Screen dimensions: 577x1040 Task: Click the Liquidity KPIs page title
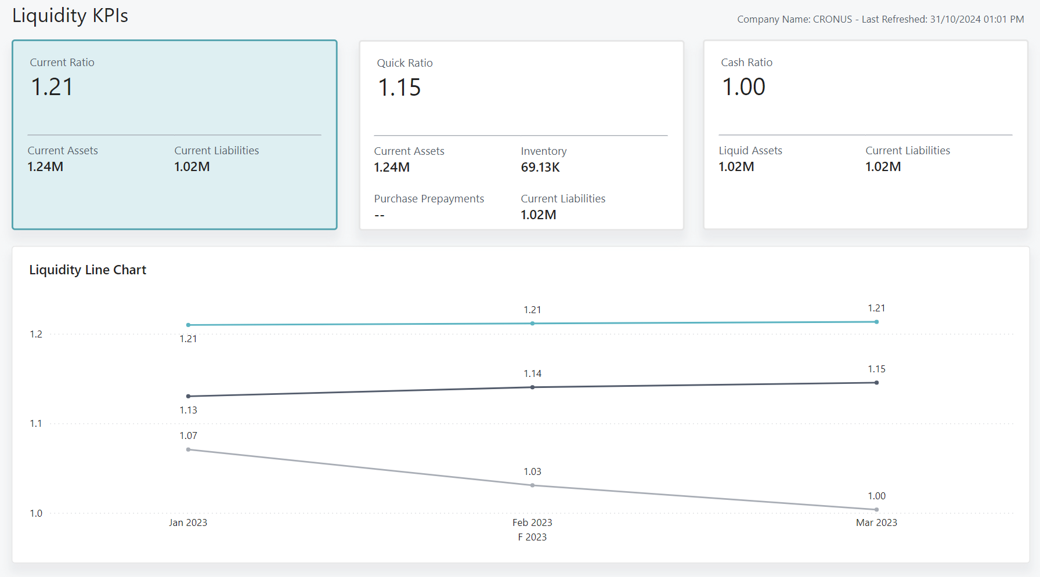[x=70, y=16]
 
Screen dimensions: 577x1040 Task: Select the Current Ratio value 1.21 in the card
[x=52, y=87]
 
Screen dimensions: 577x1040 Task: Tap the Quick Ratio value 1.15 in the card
[x=399, y=88]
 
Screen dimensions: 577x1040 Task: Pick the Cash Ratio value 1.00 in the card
[x=743, y=87]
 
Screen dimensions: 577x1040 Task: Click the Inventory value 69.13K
[x=540, y=168]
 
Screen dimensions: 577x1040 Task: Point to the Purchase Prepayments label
[x=429, y=199]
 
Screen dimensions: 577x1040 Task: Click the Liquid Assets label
[x=750, y=151]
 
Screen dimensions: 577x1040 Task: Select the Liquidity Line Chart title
[x=88, y=270]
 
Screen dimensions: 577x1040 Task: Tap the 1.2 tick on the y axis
[x=36, y=334]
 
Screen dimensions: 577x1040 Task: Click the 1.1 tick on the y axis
[x=36, y=424]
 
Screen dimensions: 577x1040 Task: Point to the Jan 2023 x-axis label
[x=188, y=522]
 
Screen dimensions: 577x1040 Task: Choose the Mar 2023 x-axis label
[x=876, y=522]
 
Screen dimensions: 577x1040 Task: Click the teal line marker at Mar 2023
[x=876, y=322]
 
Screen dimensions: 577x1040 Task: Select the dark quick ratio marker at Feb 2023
[x=532, y=387]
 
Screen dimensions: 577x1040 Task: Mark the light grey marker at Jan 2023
[x=188, y=449]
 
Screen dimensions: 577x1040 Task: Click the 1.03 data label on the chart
[x=532, y=472]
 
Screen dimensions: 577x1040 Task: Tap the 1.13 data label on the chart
[x=188, y=411]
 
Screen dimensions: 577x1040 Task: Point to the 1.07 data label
[x=188, y=436]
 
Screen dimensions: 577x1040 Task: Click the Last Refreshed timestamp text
[x=943, y=19]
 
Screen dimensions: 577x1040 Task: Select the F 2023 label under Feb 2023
[x=532, y=537]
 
